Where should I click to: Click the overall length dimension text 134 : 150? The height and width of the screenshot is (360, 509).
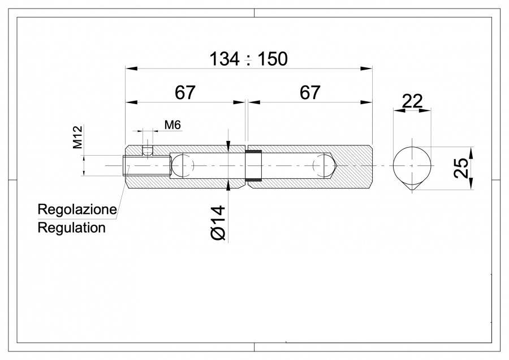point(248,58)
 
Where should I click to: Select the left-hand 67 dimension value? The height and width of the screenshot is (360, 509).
point(185,93)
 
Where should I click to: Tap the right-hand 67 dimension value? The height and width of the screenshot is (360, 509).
point(310,93)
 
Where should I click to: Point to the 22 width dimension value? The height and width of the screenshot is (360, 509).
point(412,101)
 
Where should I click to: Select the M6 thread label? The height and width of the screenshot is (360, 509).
point(172,125)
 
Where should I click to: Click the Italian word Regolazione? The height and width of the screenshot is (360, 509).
point(77,209)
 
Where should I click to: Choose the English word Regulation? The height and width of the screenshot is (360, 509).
point(71,228)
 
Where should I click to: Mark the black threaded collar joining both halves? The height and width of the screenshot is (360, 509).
point(253,165)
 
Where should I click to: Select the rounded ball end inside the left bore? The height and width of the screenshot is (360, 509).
point(182,165)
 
